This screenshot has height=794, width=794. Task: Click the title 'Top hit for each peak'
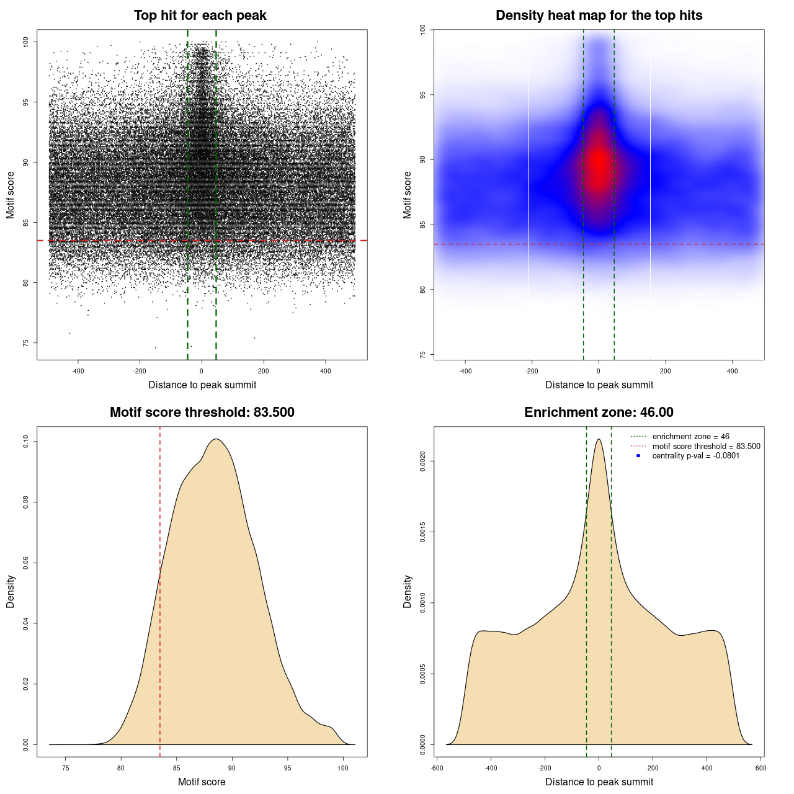coord(200,16)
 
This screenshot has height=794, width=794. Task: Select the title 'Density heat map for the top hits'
coord(599,16)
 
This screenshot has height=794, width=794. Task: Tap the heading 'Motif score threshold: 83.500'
coord(202,413)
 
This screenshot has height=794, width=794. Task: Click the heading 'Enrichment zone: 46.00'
coord(599,413)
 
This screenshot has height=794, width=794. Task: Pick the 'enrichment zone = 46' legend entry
coord(690,437)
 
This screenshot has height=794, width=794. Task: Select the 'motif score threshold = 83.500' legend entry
coord(706,446)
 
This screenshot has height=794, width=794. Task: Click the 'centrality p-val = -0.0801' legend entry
coord(695,456)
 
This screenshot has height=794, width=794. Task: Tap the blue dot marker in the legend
coord(638,456)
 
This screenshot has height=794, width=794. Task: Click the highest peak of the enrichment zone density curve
coord(599,439)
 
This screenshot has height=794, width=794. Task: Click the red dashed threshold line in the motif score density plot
coord(160,589)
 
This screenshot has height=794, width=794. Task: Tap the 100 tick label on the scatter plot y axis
coord(26,42)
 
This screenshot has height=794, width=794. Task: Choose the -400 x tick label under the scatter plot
coord(78,371)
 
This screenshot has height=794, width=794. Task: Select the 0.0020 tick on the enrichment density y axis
coord(423,462)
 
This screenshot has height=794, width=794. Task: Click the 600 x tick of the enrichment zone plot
coord(761,768)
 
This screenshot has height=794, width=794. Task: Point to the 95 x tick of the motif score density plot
coord(287,768)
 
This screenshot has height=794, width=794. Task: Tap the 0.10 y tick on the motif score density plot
coord(26,442)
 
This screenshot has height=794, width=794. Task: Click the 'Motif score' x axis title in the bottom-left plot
coord(202,782)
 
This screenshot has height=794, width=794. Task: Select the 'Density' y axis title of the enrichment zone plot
coord(408,591)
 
